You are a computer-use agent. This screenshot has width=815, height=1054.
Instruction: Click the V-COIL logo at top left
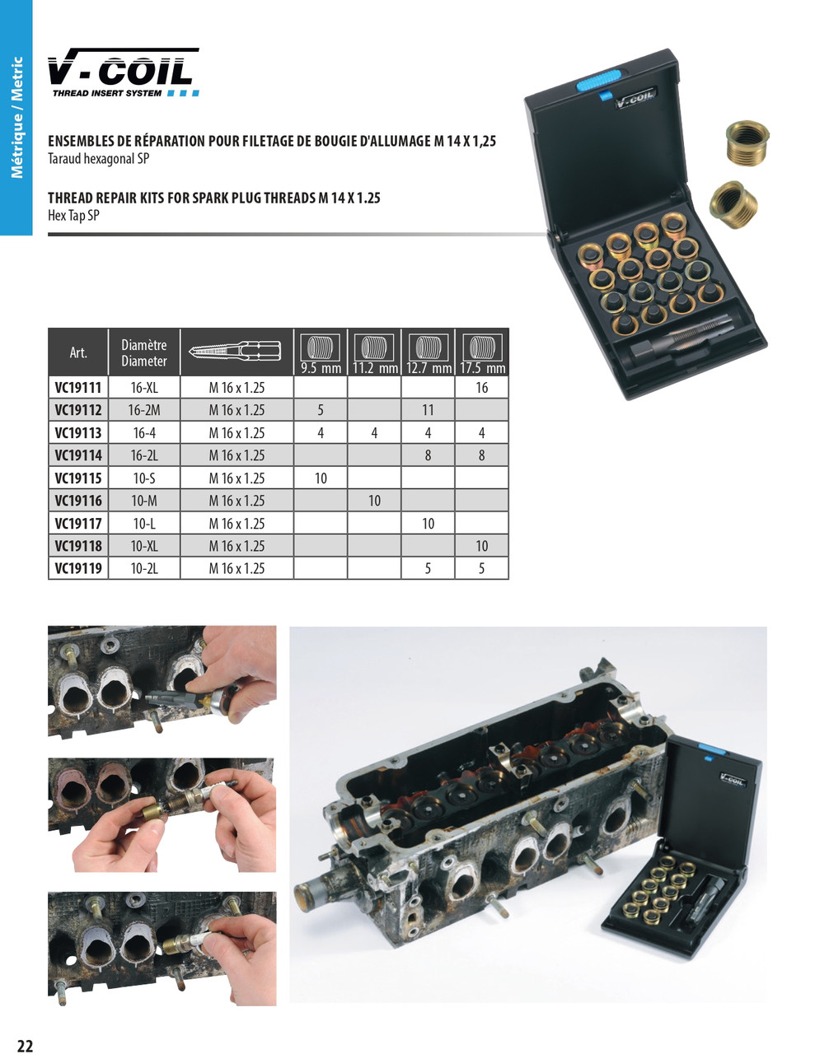coord(124,72)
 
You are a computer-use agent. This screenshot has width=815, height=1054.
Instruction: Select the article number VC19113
coord(78,432)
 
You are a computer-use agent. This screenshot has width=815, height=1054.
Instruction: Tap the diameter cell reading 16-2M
coord(144,410)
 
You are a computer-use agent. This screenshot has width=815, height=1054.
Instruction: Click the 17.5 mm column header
coord(482,352)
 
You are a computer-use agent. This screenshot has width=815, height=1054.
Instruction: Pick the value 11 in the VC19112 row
coord(428,410)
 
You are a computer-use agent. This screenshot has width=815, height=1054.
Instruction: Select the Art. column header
coord(78,352)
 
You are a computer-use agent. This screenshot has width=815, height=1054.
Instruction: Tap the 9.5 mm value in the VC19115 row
coord(321,478)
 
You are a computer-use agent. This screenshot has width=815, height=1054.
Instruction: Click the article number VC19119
coord(78,568)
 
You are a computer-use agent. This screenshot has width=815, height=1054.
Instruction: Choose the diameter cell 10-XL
coord(144,546)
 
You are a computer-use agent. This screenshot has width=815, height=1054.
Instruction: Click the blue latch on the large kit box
coord(598,81)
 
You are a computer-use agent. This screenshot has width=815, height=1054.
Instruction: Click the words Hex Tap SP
coord(73,216)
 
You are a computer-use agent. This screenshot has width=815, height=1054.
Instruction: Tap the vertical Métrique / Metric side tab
coord(16,118)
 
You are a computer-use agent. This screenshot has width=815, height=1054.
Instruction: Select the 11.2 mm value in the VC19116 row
coord(374,501)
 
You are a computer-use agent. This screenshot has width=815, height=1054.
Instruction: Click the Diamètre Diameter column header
coord(144,352)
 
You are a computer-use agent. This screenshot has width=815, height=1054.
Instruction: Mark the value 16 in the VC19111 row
coord(481,388)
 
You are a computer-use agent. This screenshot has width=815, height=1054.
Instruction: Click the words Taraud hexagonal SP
coord(99,159)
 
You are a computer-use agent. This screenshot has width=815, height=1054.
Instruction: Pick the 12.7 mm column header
coord(429,352)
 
